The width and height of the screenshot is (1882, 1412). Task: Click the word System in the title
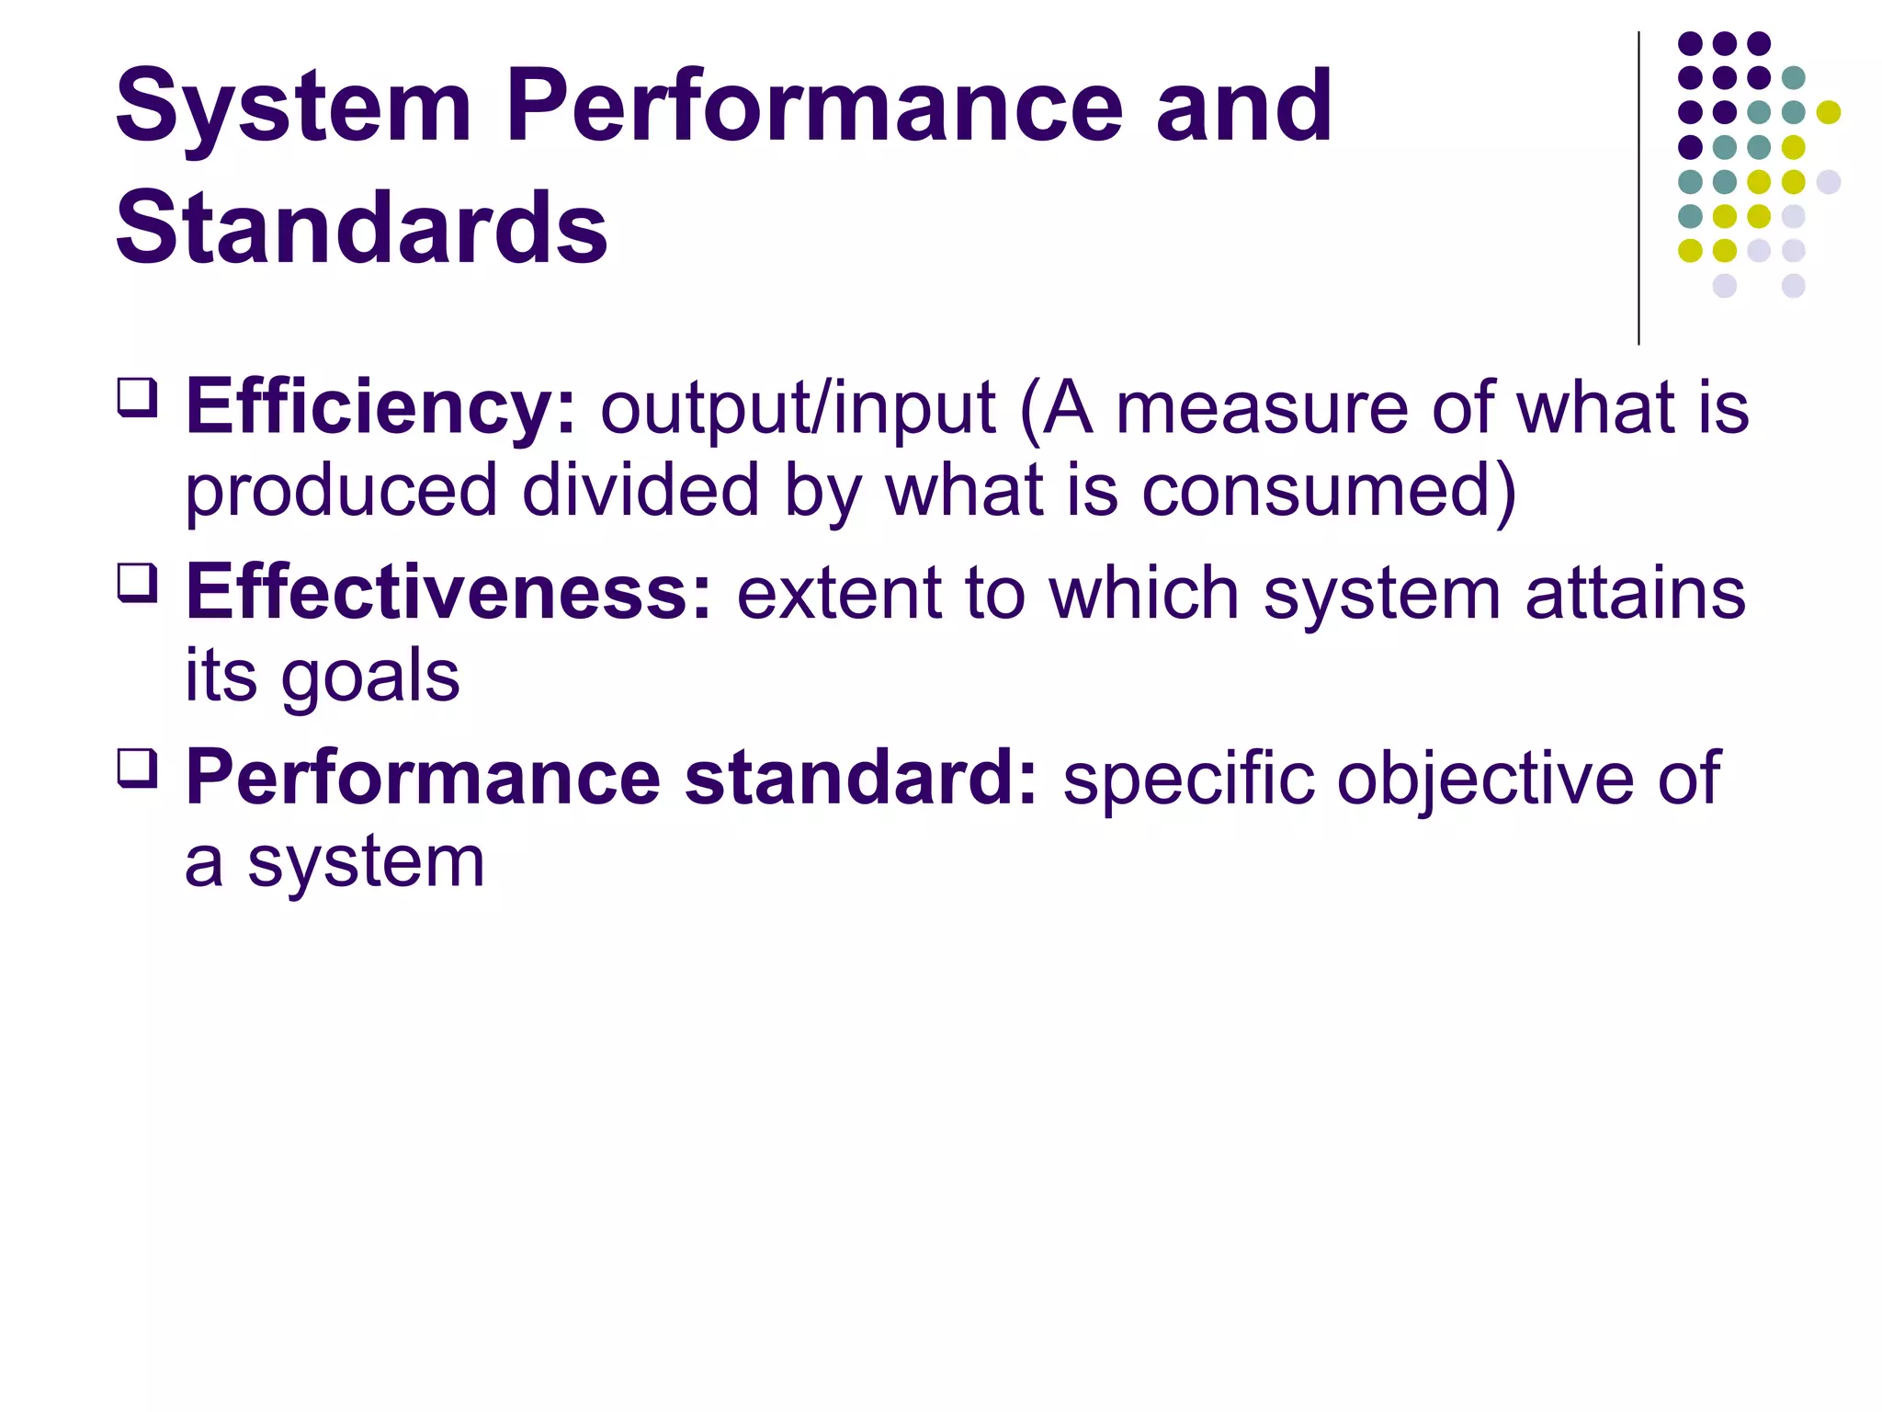tap(292, 108)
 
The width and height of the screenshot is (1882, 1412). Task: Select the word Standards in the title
tap(361, 228)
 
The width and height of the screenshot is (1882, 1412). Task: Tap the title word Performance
tap(814, 108)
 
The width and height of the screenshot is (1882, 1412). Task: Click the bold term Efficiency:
tap(380, 408)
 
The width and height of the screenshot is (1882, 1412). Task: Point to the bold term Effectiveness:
tap(448, 593)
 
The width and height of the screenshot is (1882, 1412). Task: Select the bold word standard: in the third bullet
tap(861, 779)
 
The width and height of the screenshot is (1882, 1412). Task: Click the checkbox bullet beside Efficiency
tap(138, 399)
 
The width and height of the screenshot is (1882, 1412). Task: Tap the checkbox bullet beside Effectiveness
tap(138, 583)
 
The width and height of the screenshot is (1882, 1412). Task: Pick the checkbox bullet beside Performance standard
tap(138, 769)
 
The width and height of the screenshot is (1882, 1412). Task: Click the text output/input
tap(798, 408)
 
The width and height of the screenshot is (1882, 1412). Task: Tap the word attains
tap(1635, 593)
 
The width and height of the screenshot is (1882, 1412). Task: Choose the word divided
tap(641, 491)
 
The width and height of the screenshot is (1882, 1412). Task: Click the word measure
tap(1261, 408)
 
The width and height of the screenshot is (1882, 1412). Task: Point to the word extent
tap(839, 593)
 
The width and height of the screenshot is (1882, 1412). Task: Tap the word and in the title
tap(1243, 108)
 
